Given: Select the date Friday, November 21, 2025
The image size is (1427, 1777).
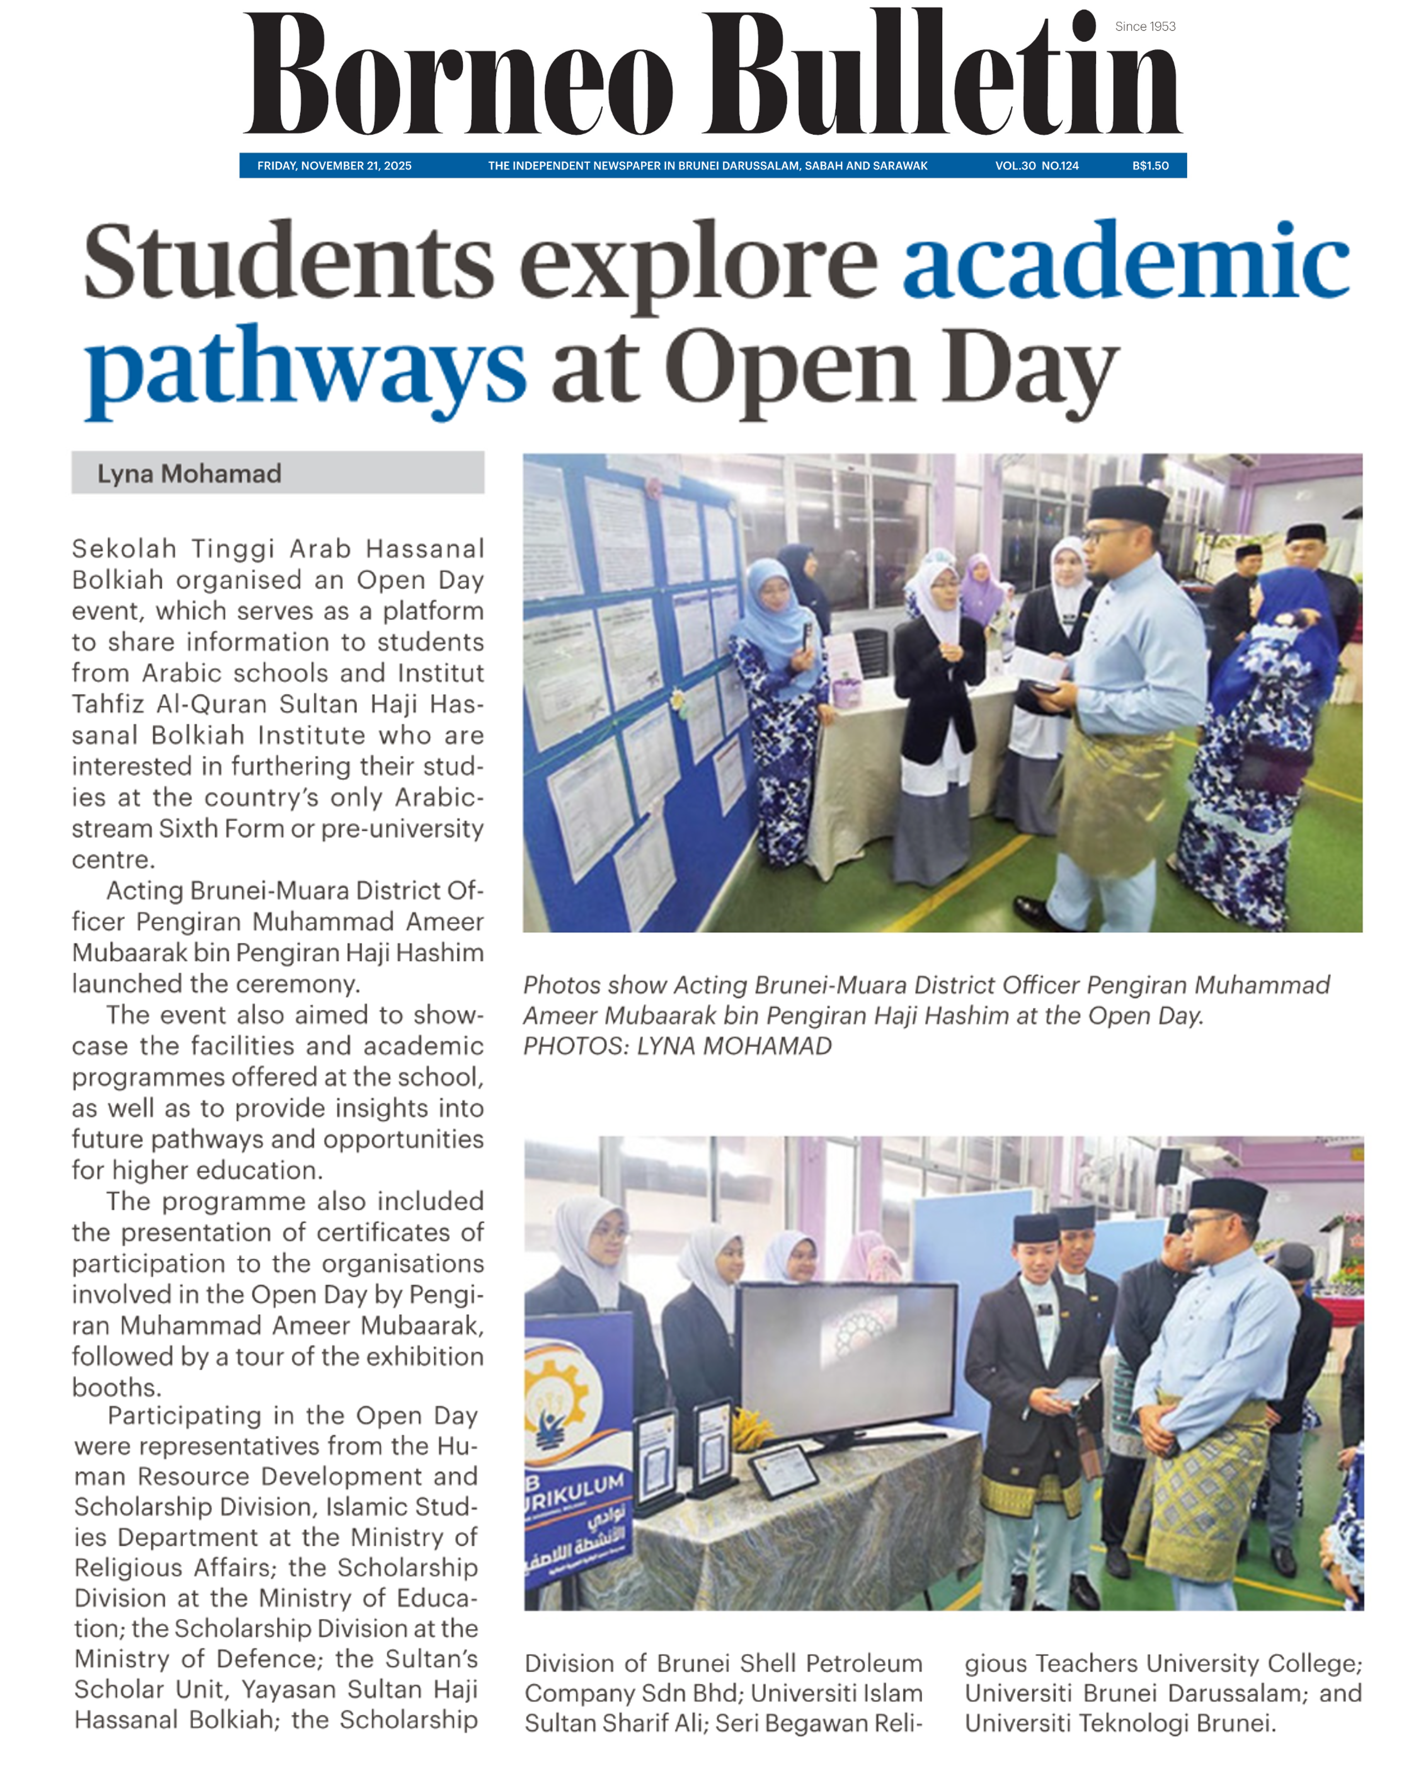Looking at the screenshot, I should [334, 166].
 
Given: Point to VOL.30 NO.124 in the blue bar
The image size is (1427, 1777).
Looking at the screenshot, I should [1036, 166].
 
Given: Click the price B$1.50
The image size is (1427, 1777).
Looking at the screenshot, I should [1150, 166].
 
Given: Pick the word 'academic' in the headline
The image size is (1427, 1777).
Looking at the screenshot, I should [1125, 262].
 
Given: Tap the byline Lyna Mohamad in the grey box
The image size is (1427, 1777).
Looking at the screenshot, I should [190, 474].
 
